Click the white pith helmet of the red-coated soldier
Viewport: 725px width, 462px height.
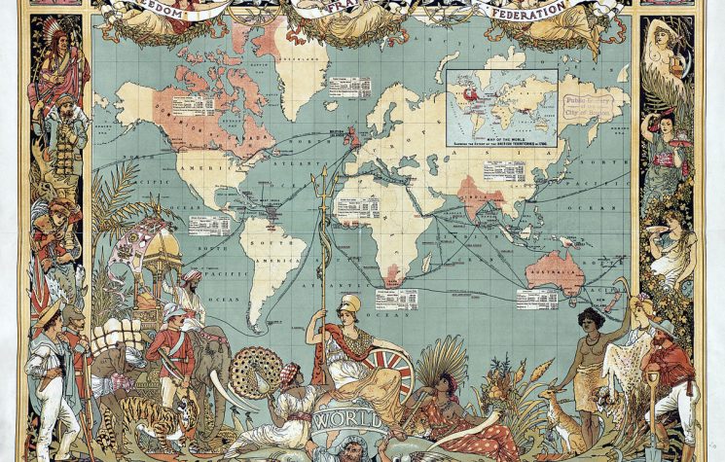tap(174, 311)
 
